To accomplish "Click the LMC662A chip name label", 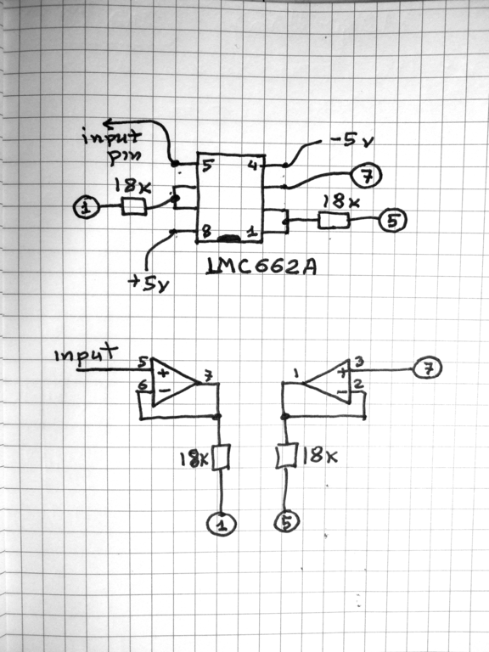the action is (261, 266).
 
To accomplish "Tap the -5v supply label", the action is (351, 140).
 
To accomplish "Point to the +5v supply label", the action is (149, 284).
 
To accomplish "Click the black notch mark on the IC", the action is (228, 239).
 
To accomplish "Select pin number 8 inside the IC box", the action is (206, 231).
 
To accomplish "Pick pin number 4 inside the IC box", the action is (253, 165).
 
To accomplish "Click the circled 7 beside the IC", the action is (367, 177).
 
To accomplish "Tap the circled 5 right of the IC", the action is (392, 221).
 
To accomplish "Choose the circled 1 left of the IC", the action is (86, 206).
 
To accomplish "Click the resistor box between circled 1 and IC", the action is (134, 206).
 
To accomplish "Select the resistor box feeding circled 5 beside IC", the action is (334, 221).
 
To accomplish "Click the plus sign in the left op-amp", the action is (163, 374).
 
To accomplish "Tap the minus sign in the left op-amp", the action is (164, 391).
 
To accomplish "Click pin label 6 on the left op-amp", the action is (143, 385).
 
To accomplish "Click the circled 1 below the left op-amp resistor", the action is (222, 524).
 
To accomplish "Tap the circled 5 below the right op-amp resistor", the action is (287, 521).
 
